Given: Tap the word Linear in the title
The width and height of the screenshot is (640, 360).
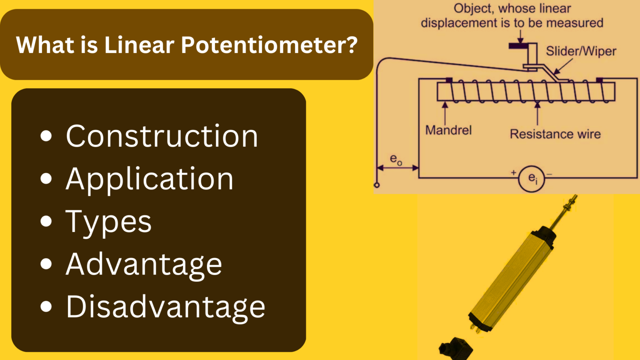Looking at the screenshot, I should (139, 45).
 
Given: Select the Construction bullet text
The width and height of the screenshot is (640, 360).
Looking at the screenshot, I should (162, 136).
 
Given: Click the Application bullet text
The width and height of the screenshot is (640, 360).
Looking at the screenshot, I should (150, 179).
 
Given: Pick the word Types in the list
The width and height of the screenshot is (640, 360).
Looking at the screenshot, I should (108, 222).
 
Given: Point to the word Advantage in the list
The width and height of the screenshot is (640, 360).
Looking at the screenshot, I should (144, 265).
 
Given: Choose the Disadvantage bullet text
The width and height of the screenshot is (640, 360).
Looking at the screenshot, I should (165, 307).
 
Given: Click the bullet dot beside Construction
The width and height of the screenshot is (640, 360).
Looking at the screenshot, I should (46, 136).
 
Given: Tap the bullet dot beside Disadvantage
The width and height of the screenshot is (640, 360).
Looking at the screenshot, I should (46, 307).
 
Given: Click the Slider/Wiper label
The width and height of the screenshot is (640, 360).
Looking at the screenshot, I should (581, 51).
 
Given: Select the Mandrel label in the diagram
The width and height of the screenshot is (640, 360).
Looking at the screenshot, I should (448, 130).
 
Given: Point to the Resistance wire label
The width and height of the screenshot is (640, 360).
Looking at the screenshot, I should (555, 134).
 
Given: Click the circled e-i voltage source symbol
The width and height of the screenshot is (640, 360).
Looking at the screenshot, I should (532, 179).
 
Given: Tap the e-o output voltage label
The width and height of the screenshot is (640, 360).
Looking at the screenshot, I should (395, 160).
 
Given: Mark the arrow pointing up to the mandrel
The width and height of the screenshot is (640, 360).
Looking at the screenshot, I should (445, 111).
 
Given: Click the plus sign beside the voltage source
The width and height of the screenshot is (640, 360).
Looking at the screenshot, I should (514, 172).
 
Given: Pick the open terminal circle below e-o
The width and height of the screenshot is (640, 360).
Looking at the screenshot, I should (377, 185).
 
